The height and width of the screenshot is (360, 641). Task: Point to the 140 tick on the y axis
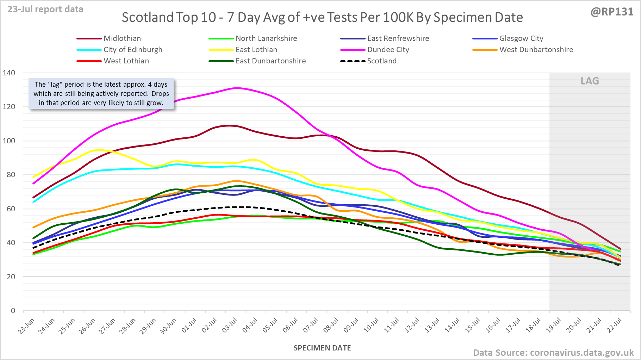(x=9, y=73)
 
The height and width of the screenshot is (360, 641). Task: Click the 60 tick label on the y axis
(x=11, y=209)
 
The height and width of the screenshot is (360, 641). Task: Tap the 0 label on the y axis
(x=13, y=311)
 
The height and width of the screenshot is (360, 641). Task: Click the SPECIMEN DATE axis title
(x=322, y=348)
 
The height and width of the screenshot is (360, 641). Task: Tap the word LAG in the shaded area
(x=590, y=81)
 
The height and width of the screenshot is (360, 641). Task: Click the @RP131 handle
(x=612, y=12)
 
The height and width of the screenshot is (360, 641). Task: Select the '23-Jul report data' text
(x=45, y=10)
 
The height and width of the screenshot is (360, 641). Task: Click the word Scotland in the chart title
(x=148, y=18)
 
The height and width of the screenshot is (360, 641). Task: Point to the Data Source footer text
(x=553, y=353)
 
